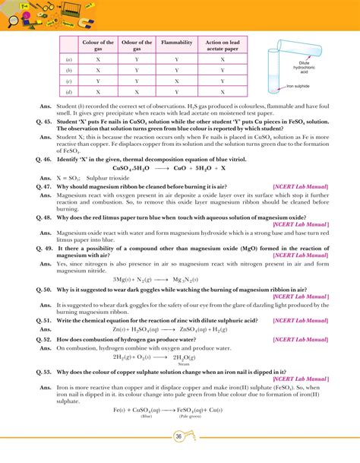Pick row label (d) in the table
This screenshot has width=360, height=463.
tap(69, 91)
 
